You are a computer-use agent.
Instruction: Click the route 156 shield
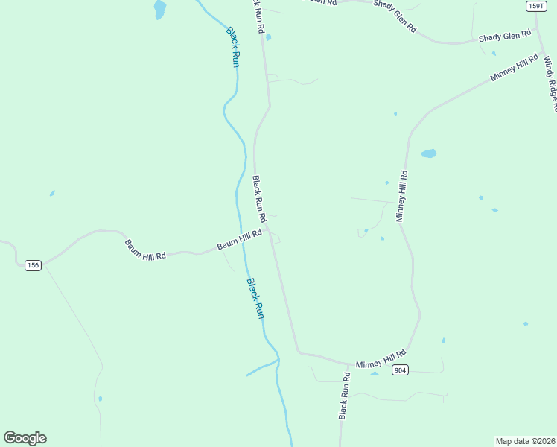[x=32, y=265]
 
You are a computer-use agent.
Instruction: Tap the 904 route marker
[x=401, y=370]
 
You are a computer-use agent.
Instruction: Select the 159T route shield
[x=535, y=6]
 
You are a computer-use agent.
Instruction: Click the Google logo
[x=25, y=438]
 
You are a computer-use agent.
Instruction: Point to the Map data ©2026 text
[x=526, y=441]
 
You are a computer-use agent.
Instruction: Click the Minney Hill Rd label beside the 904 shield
[x=381, y=359]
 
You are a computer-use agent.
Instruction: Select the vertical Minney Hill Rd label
[x=401, y=196]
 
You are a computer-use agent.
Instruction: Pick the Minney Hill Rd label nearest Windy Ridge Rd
[x=515, y=68]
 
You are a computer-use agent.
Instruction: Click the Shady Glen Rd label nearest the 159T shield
[x=505, y=35]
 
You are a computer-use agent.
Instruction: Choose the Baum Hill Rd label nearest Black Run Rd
[x=239, y=239]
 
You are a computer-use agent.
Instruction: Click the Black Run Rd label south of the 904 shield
[x=344, y=395]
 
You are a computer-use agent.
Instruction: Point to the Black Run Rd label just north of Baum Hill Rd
[x=259, y=199]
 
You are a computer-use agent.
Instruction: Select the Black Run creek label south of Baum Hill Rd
[x=255, y=298]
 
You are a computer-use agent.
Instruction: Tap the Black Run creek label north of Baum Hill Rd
[x=233, y=48]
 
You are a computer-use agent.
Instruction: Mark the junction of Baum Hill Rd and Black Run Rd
[x=270, y=230]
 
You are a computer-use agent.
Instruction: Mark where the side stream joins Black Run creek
[x=278, y=361]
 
